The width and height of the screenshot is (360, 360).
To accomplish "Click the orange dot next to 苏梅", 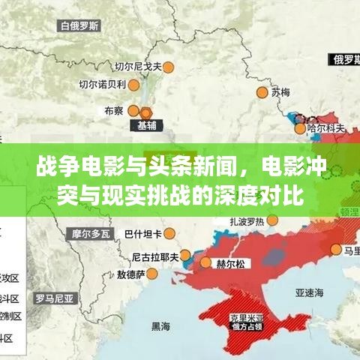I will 262,92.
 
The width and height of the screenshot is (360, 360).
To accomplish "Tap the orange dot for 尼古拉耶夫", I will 183,256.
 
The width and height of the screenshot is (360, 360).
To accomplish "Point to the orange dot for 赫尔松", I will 205,263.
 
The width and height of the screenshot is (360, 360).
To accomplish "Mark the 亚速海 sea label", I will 307,293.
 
